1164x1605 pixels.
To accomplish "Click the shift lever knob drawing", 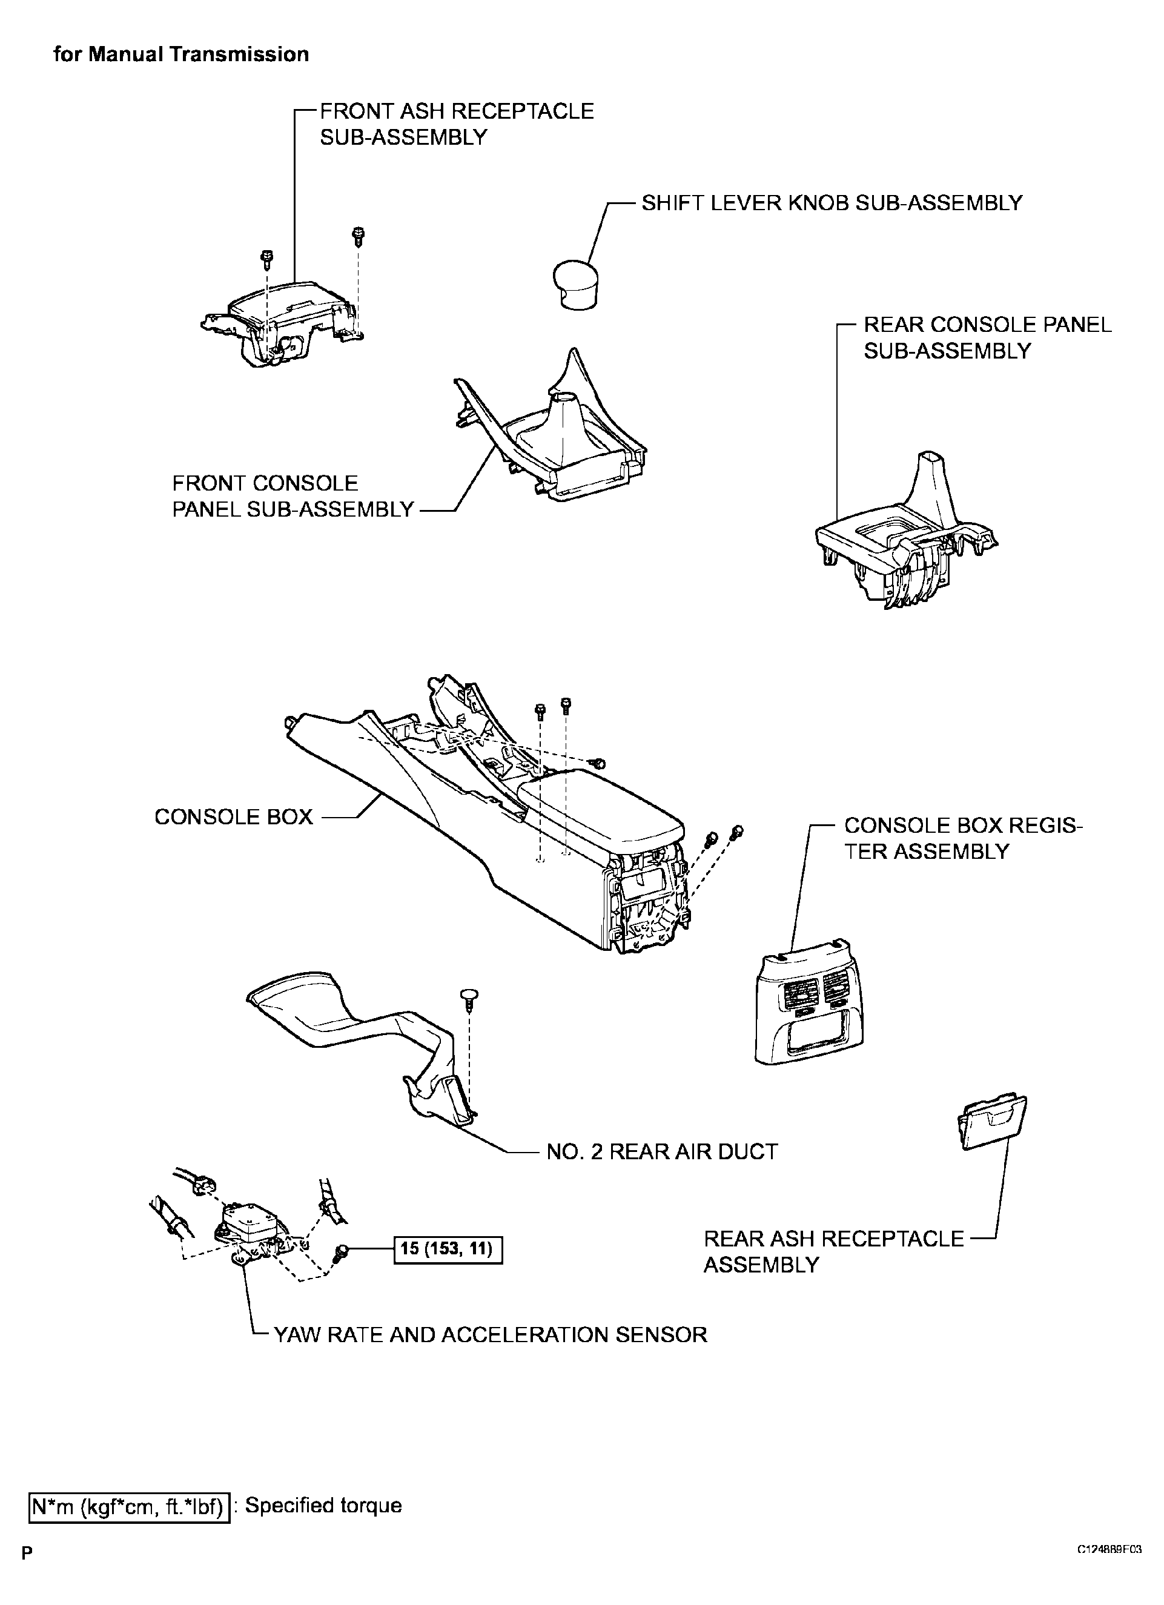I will (575, 284).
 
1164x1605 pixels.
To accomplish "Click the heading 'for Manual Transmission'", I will (181, 55).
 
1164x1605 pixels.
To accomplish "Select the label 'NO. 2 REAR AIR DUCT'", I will (661, 1151).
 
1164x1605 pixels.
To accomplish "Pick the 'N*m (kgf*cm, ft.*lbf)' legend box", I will (129, 1505).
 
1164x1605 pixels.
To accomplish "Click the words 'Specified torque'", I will (323, 1504).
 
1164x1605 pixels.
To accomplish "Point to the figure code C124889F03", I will (1109, 1563).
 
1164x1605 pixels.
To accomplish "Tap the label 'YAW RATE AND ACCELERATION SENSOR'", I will (490, 1335).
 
